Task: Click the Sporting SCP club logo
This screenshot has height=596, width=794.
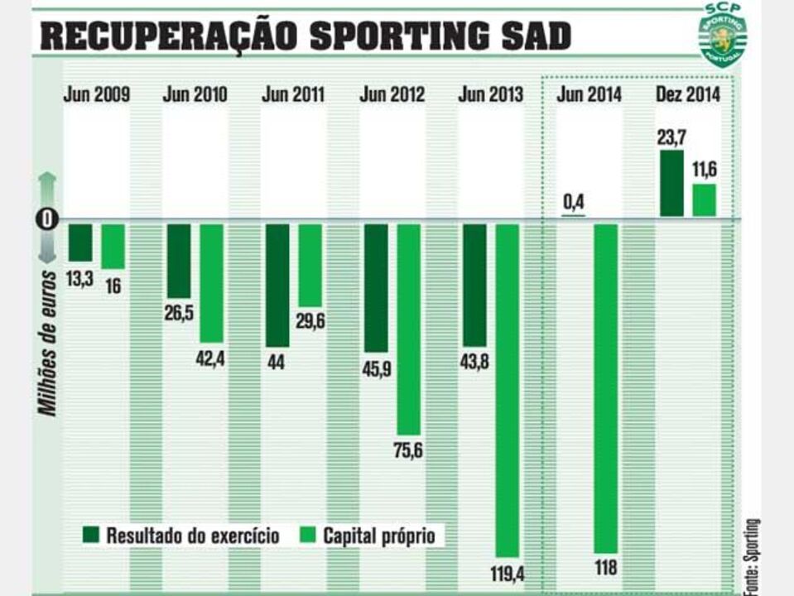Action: click(723, 34)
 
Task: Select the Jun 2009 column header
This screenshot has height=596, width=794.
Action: click(96, 94)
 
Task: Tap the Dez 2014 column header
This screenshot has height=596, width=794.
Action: click(687, 94)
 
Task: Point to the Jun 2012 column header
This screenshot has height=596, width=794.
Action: click(392, 94)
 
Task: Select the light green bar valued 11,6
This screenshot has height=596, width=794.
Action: click(704, 200)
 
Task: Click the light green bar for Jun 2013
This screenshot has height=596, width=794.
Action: click(507, 389)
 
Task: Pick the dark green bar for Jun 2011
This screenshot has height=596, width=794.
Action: click(277, 285)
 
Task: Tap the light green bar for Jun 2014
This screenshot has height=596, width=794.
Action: click(606, 387)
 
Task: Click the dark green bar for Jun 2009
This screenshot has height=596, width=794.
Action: click(80, 243)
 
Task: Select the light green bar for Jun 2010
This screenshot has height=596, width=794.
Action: click(211, 283)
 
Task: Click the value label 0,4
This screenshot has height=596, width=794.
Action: click(573, 201)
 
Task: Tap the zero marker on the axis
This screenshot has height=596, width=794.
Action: click(48, 219)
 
